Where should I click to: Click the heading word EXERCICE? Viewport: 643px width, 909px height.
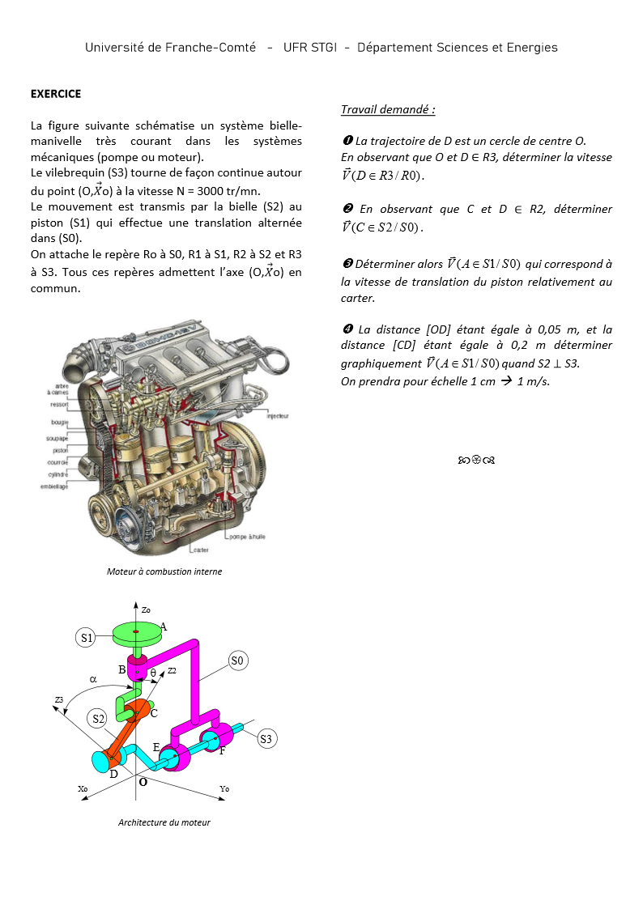pyautogui.click(x=56, y=94)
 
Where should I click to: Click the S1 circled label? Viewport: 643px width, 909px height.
pyautogui.click(x=87, y=638)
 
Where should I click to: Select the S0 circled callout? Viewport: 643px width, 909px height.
pyautogui.click(x=237, y=661)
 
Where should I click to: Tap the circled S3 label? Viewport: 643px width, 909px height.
pyautogui.click(x=267, y=738)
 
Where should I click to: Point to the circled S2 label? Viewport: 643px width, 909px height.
pyautogui.click(x=98, y=718)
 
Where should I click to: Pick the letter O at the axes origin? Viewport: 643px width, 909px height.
pyautogui.click(x=143, y=783)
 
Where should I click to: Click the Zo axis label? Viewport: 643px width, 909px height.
pyautogui.click(x=146, y=610)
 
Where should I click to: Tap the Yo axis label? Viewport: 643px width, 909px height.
pyautogui.click(x=224, y=788)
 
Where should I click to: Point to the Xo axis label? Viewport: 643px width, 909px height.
pyautogui.click(x=83, y=788)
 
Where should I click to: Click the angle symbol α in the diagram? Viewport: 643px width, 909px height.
pyautogui.click(x=93, y=681)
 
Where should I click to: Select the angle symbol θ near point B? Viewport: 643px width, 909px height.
pyautogui.click(x=153, y=673)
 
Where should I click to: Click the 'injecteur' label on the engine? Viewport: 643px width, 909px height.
pyautogui.click(x=278, y=416)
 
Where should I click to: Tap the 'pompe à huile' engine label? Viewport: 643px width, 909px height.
pyautogui.click(x=247, y=537)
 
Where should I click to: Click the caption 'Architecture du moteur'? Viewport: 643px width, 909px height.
pyautogui.click(x=164, y=822)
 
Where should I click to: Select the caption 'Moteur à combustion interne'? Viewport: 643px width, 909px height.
pyautogui.click(x=164, y=571)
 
